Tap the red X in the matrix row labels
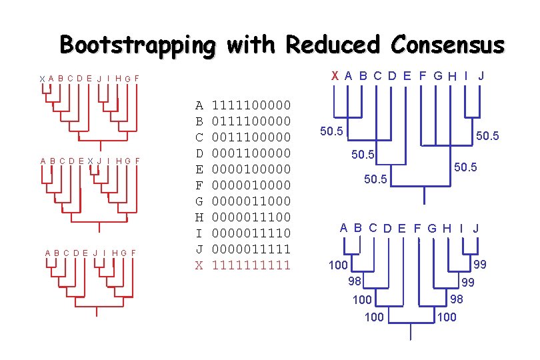tap(198, 265)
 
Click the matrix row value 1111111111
tap(251, 265)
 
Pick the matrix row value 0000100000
tap(251, 169)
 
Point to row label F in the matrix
tap(198, 185)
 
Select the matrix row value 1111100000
tap(251, 105)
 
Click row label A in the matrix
tap(198, 105)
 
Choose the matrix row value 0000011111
tap(251, 249)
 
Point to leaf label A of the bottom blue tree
tap(343, 227)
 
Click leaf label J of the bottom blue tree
tap(476, 229)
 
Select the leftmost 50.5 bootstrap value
tap(331, 131)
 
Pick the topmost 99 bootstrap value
tap(479, 265)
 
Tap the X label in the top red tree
tap(42, 79)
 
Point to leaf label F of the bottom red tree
tap(133, 253)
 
